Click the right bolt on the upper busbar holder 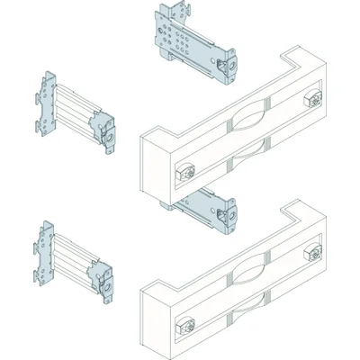point(314,96)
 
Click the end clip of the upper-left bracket point(109,131)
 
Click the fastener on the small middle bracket point(226,215)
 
